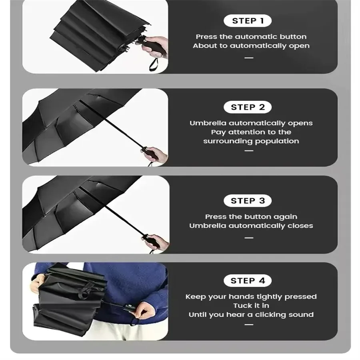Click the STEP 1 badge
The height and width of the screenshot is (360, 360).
248,21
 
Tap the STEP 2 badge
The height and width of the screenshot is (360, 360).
248,107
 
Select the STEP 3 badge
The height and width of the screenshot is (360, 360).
248,201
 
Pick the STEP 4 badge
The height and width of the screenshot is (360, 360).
248,281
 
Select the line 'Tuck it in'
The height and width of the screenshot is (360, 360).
251,306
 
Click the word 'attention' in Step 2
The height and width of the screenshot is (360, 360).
247,132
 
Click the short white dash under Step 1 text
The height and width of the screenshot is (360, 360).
249,58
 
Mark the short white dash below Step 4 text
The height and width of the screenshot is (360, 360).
249,324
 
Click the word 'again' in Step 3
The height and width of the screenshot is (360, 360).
285,217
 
